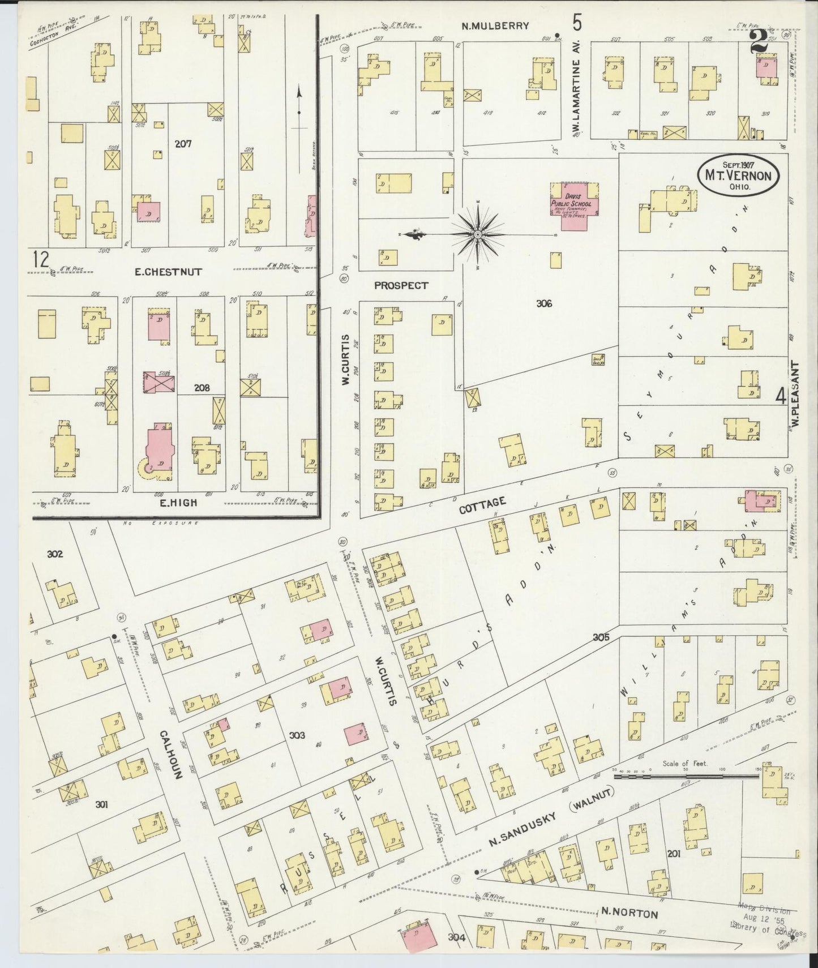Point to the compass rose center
click(x=477, y=234)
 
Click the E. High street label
click(x=178, y=502)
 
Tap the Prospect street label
click(x=401, y=285)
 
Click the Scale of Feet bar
click(x=685, y=777)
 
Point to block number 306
click(x=543, y=304)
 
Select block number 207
click(x=183, y=144)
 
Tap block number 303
click(x=297, y=735)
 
